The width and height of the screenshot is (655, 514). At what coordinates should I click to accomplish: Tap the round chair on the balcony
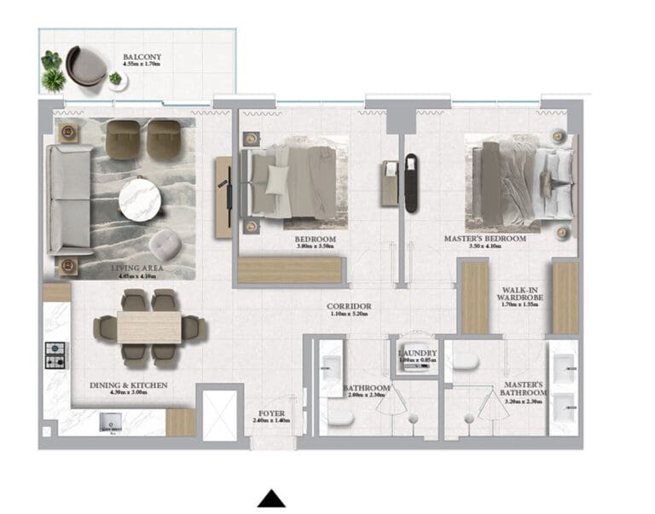coord(86,66)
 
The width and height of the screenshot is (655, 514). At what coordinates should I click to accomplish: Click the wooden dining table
coord(149,327)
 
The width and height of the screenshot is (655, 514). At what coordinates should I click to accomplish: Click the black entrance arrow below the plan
coord(271,499)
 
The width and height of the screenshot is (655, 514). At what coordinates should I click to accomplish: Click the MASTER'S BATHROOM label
coord(524,396)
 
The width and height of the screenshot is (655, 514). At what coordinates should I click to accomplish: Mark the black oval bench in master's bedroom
coord(412,181)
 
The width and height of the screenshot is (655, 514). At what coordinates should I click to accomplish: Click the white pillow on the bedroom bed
coord(278,180)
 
